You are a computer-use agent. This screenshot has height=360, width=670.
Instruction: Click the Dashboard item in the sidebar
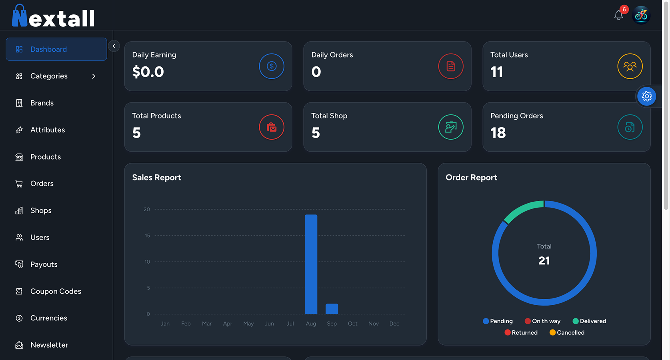[56, 49]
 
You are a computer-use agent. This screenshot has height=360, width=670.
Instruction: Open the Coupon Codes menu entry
[56, 291]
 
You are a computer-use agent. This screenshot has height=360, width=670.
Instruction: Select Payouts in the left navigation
[44, 264]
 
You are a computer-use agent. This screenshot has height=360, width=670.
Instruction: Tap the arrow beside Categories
[94, 76]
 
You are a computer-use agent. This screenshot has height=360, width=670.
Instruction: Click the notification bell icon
[618, 16]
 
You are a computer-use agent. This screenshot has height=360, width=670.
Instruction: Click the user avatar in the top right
[641, 15]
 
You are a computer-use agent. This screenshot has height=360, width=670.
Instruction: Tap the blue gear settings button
[646, 96]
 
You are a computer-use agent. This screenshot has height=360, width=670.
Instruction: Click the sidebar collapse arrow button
[114, 46]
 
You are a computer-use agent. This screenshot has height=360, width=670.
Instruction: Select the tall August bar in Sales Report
[311, 264]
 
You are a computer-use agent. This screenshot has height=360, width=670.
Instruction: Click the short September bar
[332, 309]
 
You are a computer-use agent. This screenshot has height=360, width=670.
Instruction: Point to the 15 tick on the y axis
[147, 236]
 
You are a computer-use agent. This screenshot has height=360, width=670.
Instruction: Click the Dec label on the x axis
[394, 324]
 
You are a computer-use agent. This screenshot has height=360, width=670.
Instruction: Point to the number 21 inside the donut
[544, 261]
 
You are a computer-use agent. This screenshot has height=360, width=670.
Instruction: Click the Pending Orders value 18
[498, 133]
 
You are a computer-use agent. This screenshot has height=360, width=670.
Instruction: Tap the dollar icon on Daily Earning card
[272, 66]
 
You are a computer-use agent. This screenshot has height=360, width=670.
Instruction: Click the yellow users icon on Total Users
[630, 66]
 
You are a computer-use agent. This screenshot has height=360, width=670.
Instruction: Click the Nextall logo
[54, 17]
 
